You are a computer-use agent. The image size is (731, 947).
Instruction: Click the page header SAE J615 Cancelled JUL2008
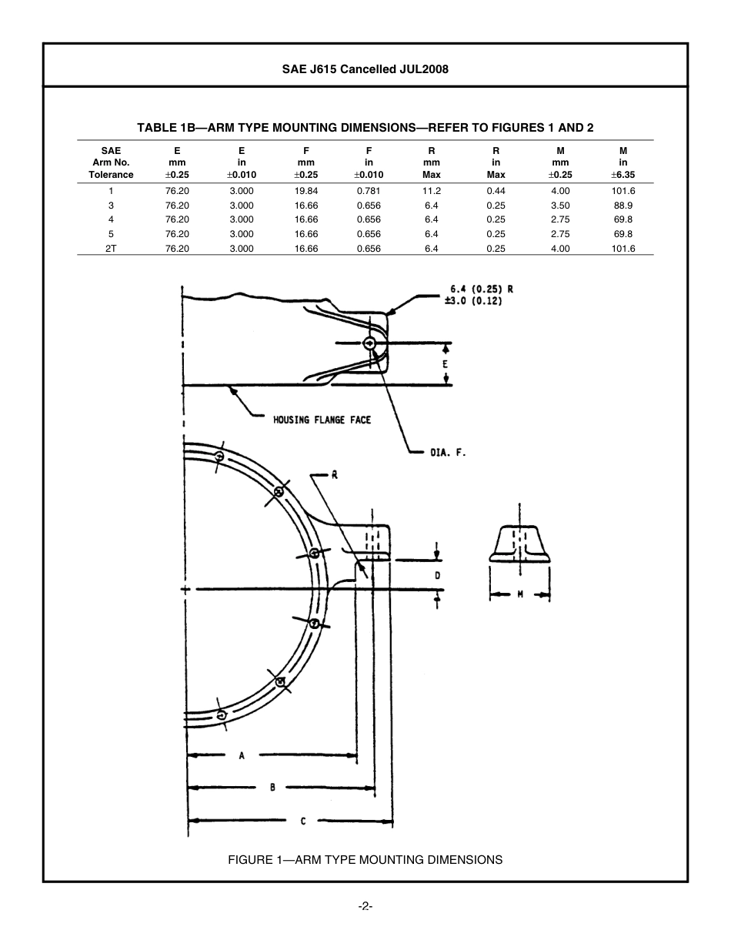tap(365, 69)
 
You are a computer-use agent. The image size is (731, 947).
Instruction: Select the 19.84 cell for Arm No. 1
tap(305, 191)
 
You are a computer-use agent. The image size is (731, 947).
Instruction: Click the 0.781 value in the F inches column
tap(369, 191)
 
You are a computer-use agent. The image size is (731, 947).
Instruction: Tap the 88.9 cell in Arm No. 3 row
tap(623, 206)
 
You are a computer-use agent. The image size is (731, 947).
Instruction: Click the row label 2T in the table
tap(111, 249)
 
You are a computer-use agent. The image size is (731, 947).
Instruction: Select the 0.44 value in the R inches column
tap(496, 191)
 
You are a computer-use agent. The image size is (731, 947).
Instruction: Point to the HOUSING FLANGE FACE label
tap(322, 420)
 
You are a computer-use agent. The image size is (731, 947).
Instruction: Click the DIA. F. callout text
tap(448, 453)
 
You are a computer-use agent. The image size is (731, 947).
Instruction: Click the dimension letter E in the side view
tap(445, 363)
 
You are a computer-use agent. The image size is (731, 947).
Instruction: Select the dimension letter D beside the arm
tap(437, 575)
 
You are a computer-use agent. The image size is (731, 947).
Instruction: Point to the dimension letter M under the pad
tap(520, 594)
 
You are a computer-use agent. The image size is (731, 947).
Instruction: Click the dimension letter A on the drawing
tap(242, 756)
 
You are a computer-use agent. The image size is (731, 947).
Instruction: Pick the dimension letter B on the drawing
tap(272, 788)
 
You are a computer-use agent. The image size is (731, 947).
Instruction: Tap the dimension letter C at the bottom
tap(303, 822)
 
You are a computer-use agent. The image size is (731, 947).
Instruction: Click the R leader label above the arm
tap(335, 475)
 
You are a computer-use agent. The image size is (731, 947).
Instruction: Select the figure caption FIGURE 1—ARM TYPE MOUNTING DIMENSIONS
tap(365, 859)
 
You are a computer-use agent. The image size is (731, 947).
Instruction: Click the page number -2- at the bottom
tap(365, 907)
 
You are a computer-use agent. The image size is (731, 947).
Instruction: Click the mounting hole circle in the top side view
tap(370, 343)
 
